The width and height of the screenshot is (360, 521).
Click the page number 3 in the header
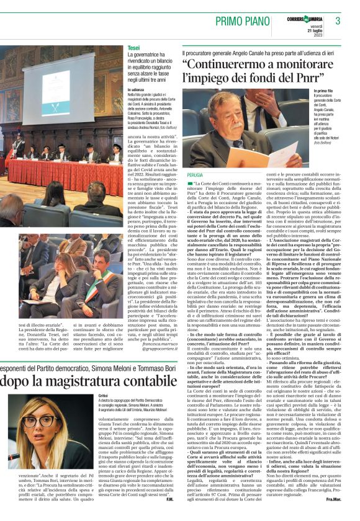pyautogui.click(x=338, y=21)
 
